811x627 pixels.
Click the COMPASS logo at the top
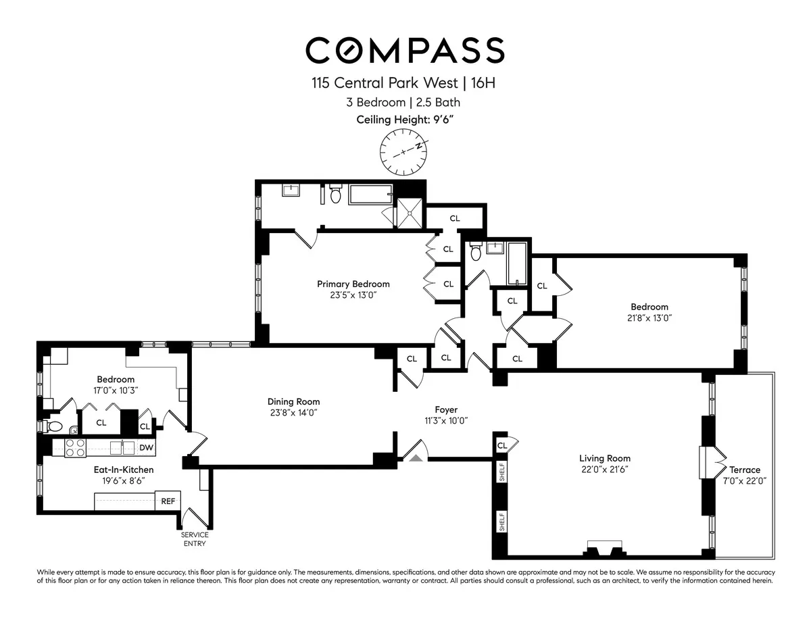[x=405, y=51]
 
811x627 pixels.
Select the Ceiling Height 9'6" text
[x=405, y=120]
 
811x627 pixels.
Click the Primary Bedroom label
[x=353, y=284]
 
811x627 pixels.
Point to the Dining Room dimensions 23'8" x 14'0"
[x=293, y=412]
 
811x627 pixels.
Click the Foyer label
[x=446, y=409]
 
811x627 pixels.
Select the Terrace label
[x=744, y=470]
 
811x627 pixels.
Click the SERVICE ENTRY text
[x=194, y=539]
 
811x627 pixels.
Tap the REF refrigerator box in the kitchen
[x=166, y=501]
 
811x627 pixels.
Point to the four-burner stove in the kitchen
[x=74, y=448]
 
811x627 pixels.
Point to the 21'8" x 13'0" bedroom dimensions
[x=649, y=318]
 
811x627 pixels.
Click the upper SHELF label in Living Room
[x=501, y=474]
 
